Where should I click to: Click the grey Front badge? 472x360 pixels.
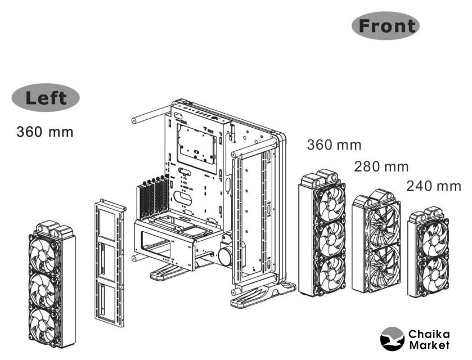[x=386, y=26]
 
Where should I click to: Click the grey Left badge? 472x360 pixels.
[x=46, y=98]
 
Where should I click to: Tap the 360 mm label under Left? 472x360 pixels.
[x=45, y=132]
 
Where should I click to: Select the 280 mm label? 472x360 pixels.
[x=381, y=166]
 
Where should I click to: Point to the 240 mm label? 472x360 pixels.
[x=433, y=186]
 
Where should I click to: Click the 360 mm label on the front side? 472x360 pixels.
[x=334, y=145]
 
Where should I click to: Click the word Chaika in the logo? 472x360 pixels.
[x=430, y=332]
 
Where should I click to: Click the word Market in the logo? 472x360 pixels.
[x=430, y=344]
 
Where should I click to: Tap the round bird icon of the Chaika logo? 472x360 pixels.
[x=392, y=339]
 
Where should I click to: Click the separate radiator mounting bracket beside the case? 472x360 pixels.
[x=110, y=262]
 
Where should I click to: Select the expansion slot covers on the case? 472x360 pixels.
[x=151, y=197]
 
